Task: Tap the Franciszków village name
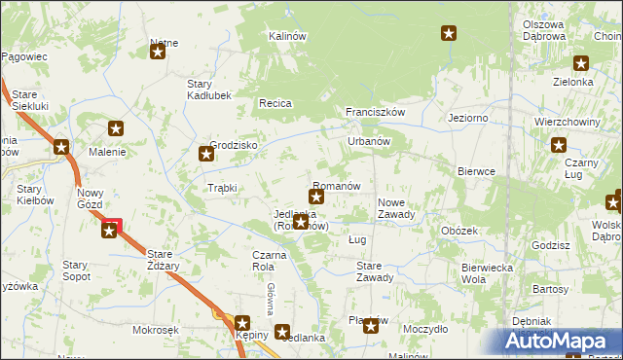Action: tap(375, 112)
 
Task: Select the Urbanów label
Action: tap(369, 141)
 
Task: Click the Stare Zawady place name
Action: tap(375, 270)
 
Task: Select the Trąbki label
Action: tap(222, 188)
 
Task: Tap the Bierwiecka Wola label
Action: tap(487, 272)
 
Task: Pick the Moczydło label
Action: tap(425, 330)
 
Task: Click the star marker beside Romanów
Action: tap(316, 198)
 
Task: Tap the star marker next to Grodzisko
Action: tap(206, 153)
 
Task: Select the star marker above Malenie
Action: tap(116, 128)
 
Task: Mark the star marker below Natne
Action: tap(159, 54)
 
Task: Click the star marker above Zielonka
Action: tap(581, 64)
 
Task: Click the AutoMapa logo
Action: tap(561, 342)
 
